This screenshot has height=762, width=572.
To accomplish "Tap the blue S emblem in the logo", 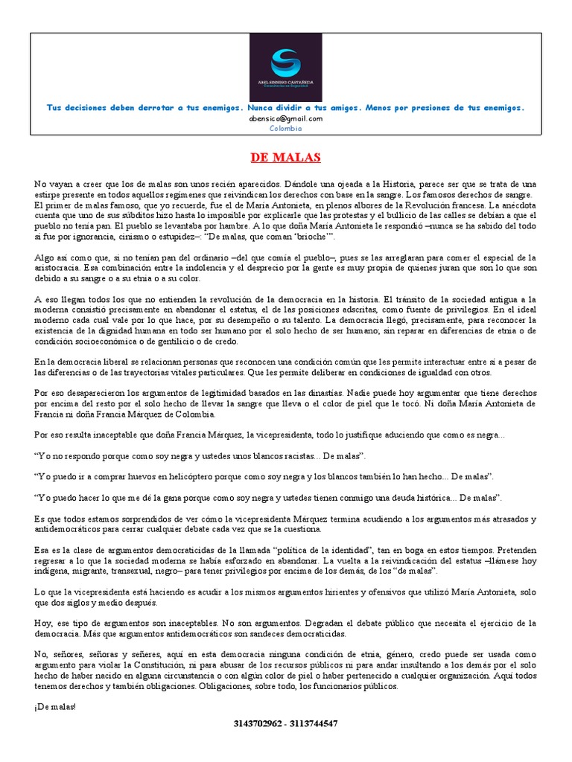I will (x=285, y=59).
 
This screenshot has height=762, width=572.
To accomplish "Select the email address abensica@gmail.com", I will (x=285, y=118).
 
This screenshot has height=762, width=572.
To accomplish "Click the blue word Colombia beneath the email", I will (x=285, y=128).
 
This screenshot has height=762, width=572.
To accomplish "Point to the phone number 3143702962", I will (x=258, y=723).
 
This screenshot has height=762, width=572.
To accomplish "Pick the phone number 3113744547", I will (x=313, y=723).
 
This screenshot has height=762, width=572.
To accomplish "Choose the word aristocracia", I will (x=58, y=268).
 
